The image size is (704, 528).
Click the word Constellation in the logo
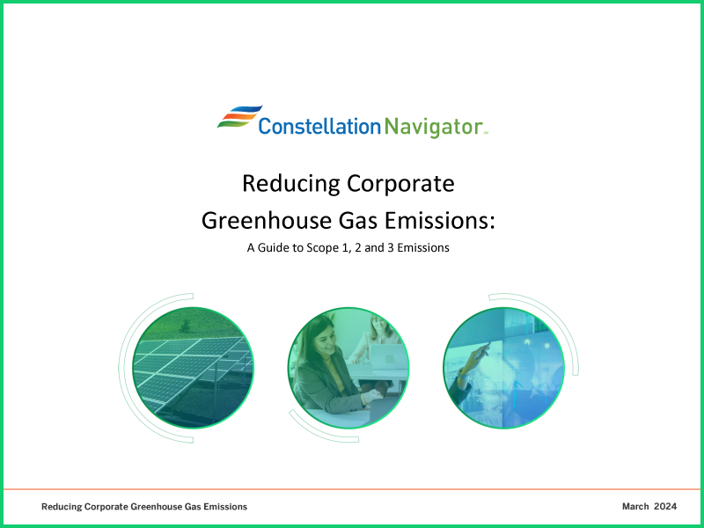click(319, 127)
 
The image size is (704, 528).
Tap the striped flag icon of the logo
click(238, 118)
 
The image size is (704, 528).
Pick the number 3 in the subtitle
click(390, 248)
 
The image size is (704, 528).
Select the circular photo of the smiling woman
click(348, 367)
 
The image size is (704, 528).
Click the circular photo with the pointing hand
click(503, 367)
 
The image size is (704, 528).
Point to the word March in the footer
click(635, 507)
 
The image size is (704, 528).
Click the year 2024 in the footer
click(665, 507)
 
